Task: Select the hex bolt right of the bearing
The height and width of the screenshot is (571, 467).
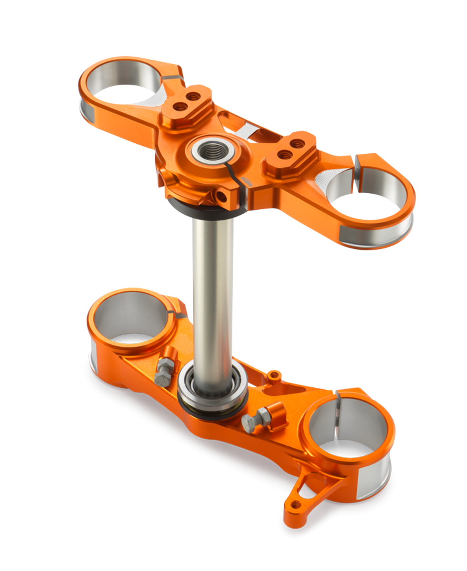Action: click(250, 421)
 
